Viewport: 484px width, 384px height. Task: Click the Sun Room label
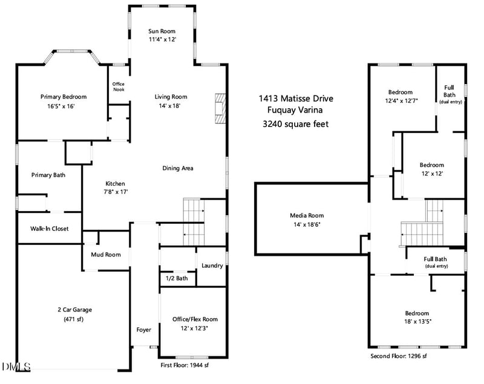162,31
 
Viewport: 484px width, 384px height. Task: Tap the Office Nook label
118,87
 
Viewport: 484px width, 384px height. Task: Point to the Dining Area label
177,168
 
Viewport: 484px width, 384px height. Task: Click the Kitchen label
115,183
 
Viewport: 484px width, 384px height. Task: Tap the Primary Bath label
48,175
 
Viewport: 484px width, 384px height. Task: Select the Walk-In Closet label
49,229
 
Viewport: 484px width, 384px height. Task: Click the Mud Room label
106,255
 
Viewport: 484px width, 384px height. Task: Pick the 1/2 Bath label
177,278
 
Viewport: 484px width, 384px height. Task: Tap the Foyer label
143,330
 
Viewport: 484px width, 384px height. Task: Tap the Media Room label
307,215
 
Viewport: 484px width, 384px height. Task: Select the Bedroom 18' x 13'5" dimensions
417,321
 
